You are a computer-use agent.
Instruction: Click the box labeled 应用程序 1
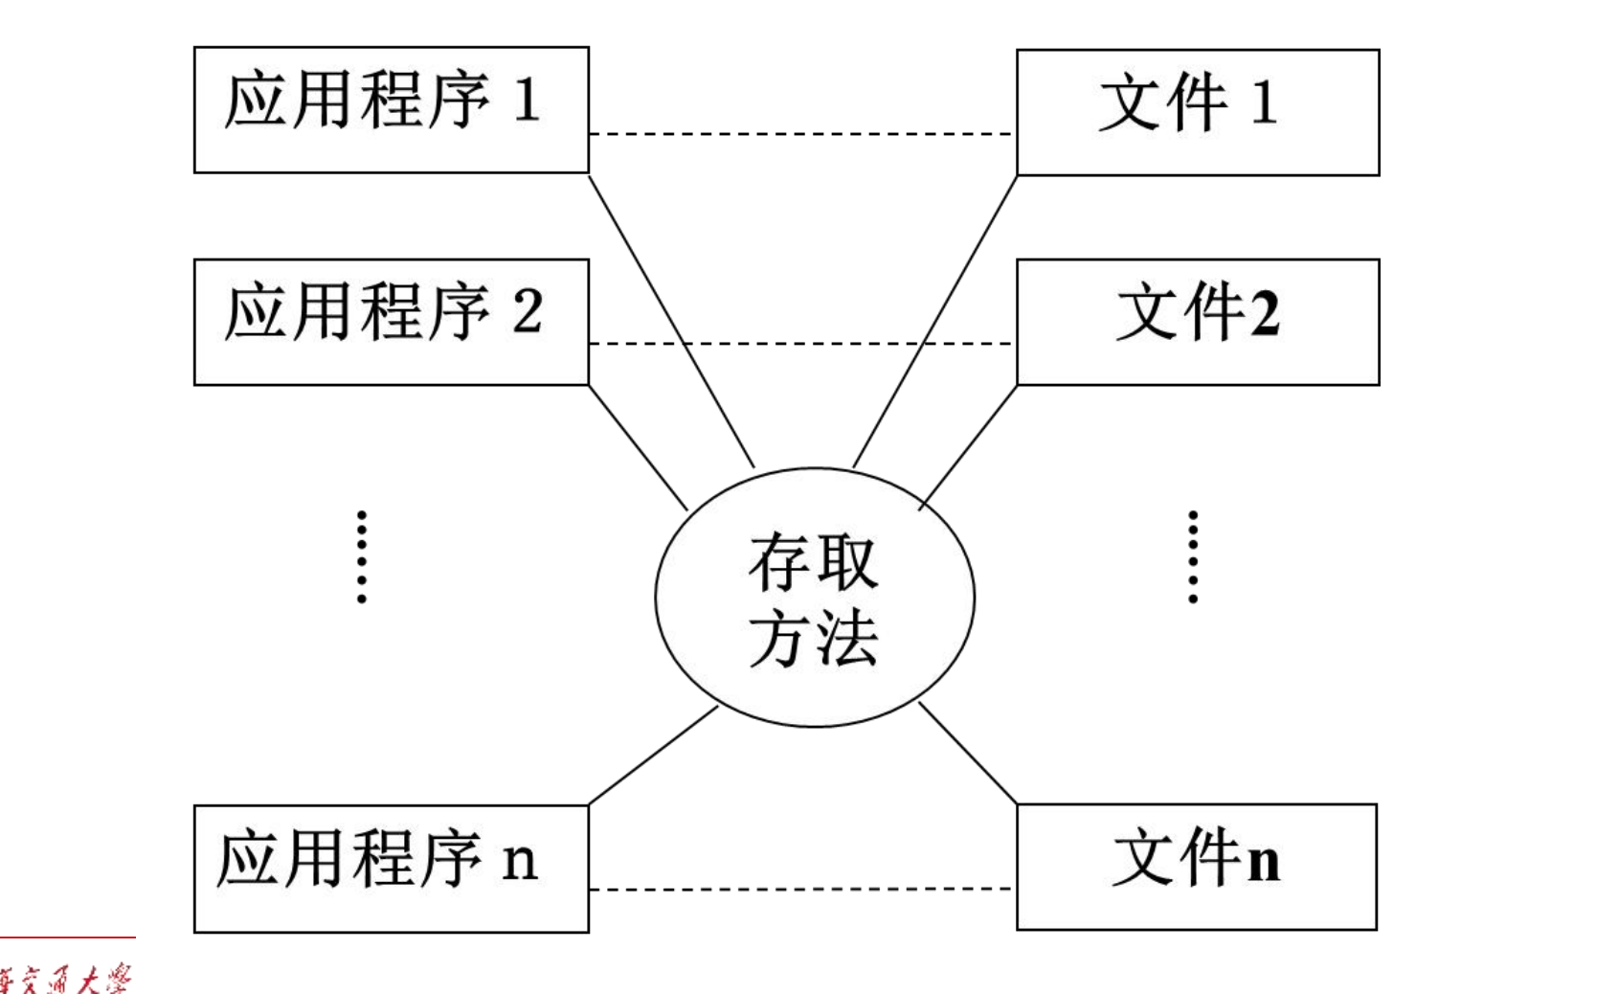point(391,110)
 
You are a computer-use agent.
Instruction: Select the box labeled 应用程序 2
point(391,322)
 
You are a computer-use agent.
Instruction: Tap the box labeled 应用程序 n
point(391,869)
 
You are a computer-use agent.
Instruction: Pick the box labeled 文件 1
point(1197,112)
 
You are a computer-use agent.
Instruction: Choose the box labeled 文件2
point(1197,322)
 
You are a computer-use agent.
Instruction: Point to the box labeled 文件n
point(1196,867)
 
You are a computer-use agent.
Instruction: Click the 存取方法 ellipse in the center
point(815,598)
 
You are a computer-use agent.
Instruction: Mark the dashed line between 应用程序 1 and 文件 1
point(802,134)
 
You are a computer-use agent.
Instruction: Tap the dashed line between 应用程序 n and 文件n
point(802,890)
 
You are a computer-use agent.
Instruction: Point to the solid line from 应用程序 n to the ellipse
point(653,756)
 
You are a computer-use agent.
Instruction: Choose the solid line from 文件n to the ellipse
point(967,754)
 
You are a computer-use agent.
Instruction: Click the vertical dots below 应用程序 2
point(362,556)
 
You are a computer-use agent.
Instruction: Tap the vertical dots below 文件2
point(1193,556)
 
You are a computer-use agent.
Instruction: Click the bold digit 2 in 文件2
point(1264,313)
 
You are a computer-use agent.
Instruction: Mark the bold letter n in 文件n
point(1264,861)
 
